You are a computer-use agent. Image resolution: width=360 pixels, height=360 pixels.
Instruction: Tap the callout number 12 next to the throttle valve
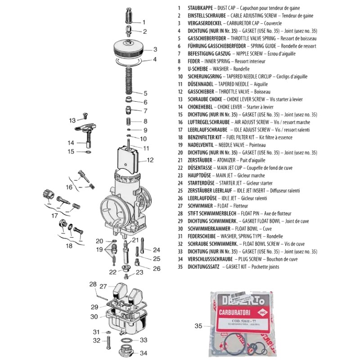point(150,160)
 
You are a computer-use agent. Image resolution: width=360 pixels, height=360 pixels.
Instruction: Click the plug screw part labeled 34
point(127,350)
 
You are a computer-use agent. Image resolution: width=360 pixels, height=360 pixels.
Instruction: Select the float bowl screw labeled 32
point(109,344)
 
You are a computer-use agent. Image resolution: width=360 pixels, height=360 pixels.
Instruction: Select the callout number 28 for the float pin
point(93,284)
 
